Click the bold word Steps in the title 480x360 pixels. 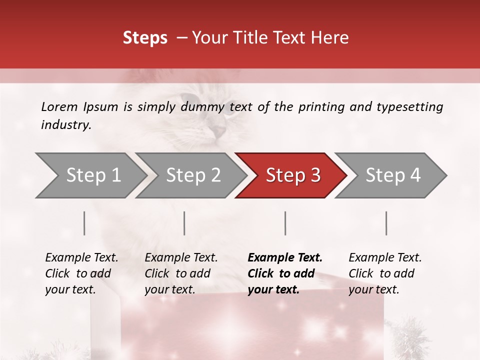click(145, 38)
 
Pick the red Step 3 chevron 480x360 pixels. click(293, 175)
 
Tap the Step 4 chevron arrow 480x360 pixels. click(393, 175)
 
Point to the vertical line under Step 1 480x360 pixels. click(84, 223)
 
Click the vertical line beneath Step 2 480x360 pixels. click(184, 223)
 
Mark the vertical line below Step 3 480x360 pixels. click(285, 223)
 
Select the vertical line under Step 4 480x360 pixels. click(386, 223)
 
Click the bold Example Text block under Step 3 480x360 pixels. click(285, 273)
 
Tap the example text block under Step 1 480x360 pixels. click(81, 273)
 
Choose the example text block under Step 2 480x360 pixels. click(181, 273)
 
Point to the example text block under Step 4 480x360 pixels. click(385, 273)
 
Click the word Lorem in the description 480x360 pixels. click(59, 106)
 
